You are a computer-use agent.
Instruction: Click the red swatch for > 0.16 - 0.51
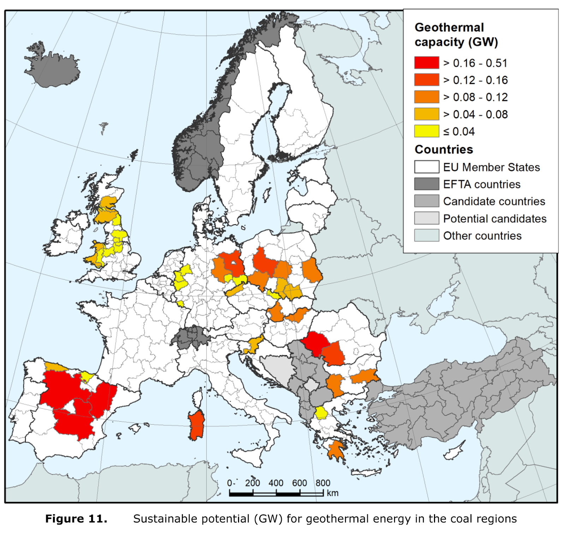click(x=427, y=62)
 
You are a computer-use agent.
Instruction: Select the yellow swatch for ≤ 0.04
click(x=427, y=131)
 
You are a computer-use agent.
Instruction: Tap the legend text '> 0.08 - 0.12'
click(x=475, y=97)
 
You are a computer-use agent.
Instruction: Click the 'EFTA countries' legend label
click(x=482, y=184)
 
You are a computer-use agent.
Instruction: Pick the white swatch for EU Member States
click(x=427, y=167)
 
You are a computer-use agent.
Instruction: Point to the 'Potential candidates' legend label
click(x=495, y=219)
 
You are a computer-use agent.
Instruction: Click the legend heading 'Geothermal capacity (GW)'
click(x=456, y=35)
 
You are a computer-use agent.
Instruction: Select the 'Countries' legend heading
click(x=444, y=149)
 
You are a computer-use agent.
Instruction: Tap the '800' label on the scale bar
click(x=322, y=483)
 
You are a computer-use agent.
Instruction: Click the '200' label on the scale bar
click(x=252, y=483)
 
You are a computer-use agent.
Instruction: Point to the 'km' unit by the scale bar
click(x=332, y=493)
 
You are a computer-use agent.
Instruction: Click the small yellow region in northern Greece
click(x=321, y=413)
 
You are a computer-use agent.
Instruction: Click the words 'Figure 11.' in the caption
click(x=76, y=519)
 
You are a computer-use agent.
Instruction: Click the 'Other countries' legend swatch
click(x=427, y=235)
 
